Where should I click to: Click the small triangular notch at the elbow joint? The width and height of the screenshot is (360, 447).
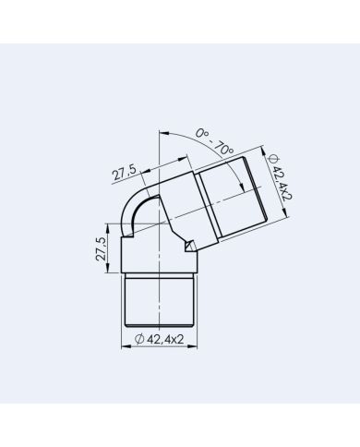(190, 246)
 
